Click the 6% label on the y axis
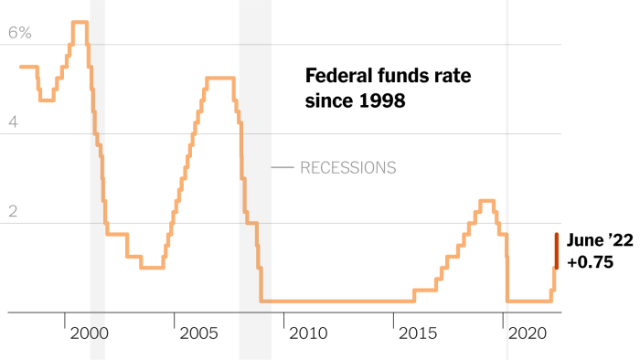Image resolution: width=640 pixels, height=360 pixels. click(20, 33)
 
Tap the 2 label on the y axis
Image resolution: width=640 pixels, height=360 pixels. click(13, 210)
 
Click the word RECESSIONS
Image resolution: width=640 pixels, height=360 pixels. click(347, 168)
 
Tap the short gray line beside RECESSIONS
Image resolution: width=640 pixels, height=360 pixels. click(283, 168)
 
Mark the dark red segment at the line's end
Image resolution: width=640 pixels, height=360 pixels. click(556, 250)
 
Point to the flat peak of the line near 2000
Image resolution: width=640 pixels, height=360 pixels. click(80, 22)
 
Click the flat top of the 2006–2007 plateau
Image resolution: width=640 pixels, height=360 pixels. click(220, 79)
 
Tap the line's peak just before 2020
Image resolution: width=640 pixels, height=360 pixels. click(487, 201)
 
